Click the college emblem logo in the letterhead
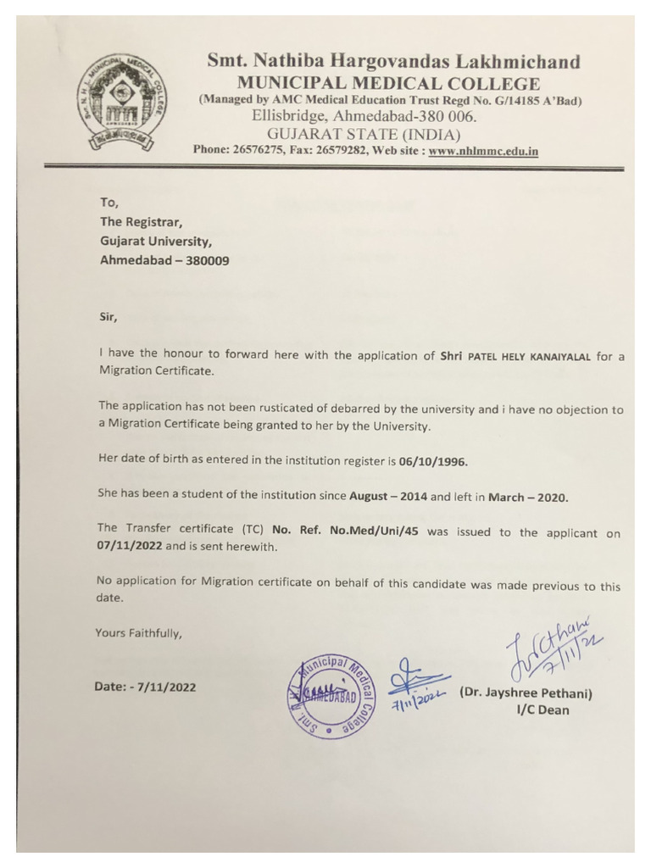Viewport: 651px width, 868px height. (129, 101)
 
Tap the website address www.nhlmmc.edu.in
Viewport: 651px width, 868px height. (483, 151)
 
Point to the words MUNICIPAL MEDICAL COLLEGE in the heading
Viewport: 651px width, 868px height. (388, 83)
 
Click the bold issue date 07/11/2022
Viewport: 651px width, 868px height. (129, 548)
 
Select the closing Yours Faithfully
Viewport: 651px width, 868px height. (138, 632)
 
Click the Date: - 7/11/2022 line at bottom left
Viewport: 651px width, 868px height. (145, 687)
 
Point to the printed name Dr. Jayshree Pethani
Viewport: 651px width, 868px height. (526, 693)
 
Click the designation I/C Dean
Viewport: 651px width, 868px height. (543, 710)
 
